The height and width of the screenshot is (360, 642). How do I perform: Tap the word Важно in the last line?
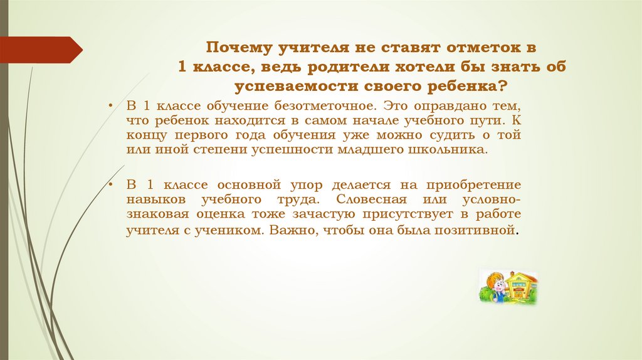pyautogui.click(x=288, y=230)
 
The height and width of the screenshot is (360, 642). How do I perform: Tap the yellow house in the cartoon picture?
pyautogui.click(x=522, y=285)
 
